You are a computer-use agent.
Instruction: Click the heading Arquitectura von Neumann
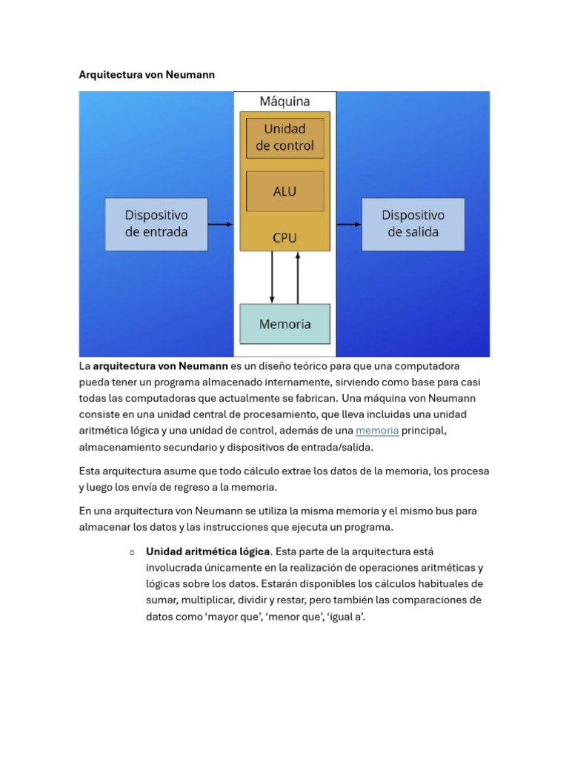[147, 75]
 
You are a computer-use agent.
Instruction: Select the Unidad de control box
[285, 138]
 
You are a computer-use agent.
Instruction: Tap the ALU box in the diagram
[285, 191]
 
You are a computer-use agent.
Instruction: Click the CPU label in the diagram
[284, 238]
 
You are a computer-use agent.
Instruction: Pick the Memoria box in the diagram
[285, 324]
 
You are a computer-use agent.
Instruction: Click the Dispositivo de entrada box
[157, 224]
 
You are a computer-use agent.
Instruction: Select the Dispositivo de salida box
[413, 224]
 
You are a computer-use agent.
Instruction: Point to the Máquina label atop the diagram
[285, 101]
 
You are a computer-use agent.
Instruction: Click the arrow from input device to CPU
[221, 224]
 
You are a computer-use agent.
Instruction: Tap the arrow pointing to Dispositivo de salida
[349, 224]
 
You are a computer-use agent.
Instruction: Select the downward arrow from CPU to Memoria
[272, 277]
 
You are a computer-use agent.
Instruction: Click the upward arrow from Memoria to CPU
[298, 277]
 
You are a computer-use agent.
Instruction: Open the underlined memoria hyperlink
[377, 431]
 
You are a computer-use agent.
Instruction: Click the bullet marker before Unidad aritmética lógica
[132, 552]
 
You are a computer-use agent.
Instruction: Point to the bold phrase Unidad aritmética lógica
[208, 551]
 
